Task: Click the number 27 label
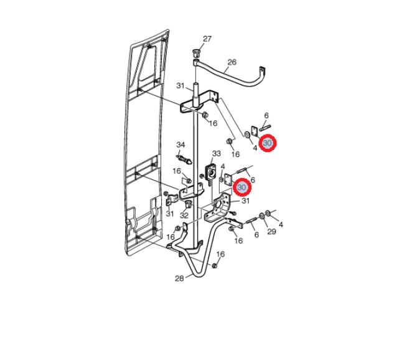click(207, 39)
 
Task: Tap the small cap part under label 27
click(195, 52)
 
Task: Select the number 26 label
click(232, 62)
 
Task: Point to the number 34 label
click(180, 145)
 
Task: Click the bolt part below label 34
click(184, 159)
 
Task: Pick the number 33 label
click(216, 153)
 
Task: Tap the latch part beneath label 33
click(211, 173)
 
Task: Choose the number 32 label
click(184, 216)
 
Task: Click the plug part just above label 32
click(188, 205)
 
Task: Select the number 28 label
click(179, 278)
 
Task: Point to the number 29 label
click(271, 232)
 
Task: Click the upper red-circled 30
click(268, 143)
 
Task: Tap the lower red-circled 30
click(242, 187)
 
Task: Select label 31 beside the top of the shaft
click(180, 86)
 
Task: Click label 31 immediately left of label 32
click(170, 214)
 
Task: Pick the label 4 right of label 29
click(281, 225)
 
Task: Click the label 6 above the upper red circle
click(266, 115)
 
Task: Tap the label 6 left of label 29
click(256, 235)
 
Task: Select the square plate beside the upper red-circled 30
click(255, 131)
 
